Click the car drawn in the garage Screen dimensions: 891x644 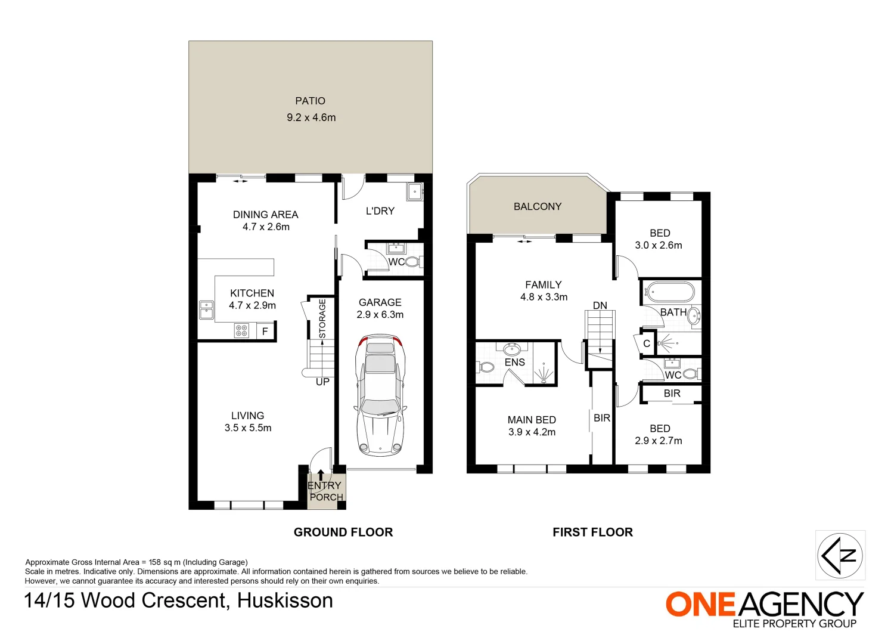(380, 395)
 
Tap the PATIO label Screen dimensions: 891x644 (311, 101)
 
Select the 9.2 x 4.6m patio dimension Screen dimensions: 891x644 (311, 117)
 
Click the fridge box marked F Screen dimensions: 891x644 (265, 331)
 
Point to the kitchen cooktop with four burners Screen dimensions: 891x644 (241, 330)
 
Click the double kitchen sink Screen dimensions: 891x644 (206, 310)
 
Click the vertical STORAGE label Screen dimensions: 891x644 (322, 318)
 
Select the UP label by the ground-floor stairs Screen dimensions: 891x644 (322, 382)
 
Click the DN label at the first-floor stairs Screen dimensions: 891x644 (600, 305)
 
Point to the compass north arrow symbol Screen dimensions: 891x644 (840, 555)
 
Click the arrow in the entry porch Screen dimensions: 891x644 (321, 475)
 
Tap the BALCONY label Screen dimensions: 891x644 (538, 206)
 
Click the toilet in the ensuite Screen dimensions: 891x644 (486, 367)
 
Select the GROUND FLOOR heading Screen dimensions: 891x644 (343, 532)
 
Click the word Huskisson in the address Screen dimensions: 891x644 (285, 600)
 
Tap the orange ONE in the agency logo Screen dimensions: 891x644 (701, 605)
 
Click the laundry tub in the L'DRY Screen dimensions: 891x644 (414, 191)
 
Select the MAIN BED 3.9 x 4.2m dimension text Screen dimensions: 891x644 (532, 432)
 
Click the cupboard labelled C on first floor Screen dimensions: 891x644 (647, 343)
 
